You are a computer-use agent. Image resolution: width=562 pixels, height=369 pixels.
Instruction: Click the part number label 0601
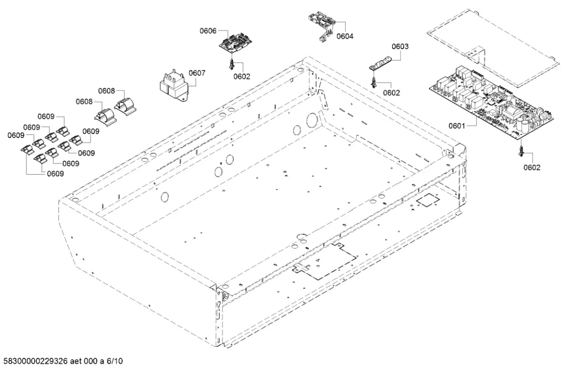[457, 125]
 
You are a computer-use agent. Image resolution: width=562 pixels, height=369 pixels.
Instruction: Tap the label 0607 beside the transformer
[197, 73]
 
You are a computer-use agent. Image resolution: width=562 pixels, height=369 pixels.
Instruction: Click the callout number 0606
[208, 32]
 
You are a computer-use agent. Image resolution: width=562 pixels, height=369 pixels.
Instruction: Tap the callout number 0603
[400, 47]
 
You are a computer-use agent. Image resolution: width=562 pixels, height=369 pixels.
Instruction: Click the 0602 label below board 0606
[242, 76]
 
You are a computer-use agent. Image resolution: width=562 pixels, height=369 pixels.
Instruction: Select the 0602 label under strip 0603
[391, 93]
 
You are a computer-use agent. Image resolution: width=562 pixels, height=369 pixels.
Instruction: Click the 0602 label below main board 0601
[532, 167]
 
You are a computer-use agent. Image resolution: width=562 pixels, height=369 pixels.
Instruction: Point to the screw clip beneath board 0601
[522, 150]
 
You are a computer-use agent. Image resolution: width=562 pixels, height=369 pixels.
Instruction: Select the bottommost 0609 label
[55, 174]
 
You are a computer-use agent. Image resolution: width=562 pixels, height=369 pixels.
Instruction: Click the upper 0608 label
[106, 90]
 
